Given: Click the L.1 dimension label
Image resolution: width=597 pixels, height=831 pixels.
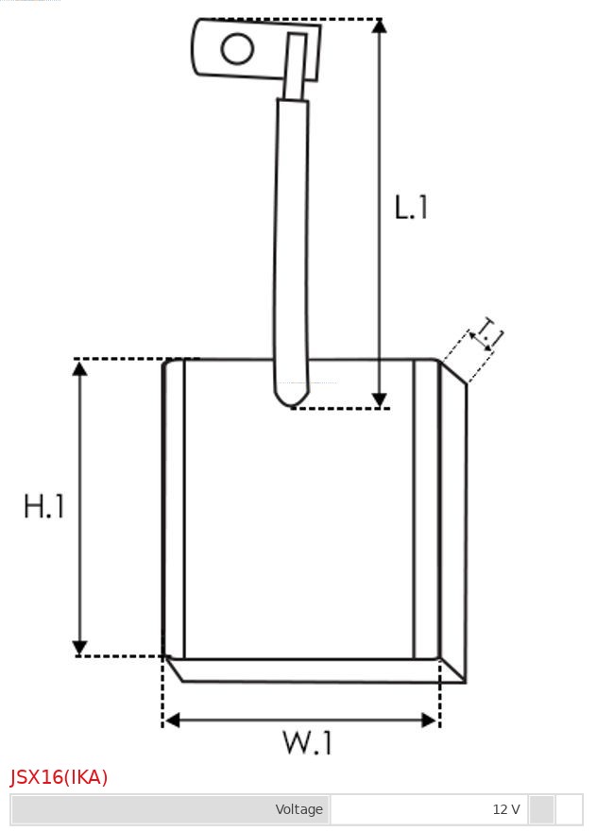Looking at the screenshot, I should [x=411, y=207].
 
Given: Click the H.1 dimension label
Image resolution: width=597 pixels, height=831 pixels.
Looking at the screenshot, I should [x=44, y=507].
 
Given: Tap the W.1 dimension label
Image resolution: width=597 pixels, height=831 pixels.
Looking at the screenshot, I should [x=307, y=743].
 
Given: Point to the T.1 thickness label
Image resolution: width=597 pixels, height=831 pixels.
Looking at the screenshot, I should [x=490, y=332].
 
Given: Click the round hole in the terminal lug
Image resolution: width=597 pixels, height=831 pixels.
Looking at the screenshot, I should [x=237, y=48].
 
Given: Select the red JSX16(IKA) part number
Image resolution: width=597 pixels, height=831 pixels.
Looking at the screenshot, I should [x=60, y=777].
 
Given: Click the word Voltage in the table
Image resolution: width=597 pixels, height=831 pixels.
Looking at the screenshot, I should [x=298, y=809].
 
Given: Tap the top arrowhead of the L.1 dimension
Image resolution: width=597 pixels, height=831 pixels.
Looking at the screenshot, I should [x=379, y=25].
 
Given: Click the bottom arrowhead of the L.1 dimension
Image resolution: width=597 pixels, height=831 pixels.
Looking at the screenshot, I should [x=379, y=400].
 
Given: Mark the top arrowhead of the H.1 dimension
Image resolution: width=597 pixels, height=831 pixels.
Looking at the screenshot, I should [x=80, y=367].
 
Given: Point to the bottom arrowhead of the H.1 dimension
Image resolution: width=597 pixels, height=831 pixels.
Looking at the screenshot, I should [x=80, y=647].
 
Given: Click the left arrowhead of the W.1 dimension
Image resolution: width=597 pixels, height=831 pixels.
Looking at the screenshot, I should [x=171, y=721].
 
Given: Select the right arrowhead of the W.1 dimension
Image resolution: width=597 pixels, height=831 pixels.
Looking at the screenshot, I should [x=430, y=721].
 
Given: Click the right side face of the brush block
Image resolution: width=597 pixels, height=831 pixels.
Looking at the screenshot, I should [x=453, y=524].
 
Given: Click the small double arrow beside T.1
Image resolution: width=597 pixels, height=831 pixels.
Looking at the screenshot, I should [x=481, y=341].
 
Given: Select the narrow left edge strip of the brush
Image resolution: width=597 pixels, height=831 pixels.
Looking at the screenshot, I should [x=174, y=510].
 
